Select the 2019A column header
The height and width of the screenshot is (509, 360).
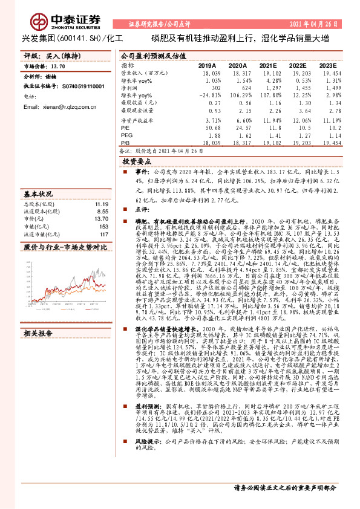[207, 65]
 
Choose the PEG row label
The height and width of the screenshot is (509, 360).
[126, 136]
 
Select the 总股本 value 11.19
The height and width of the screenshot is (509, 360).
[100, 204]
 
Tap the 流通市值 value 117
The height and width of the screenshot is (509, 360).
[103, 234]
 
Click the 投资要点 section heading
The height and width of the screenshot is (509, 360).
[137, 162]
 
